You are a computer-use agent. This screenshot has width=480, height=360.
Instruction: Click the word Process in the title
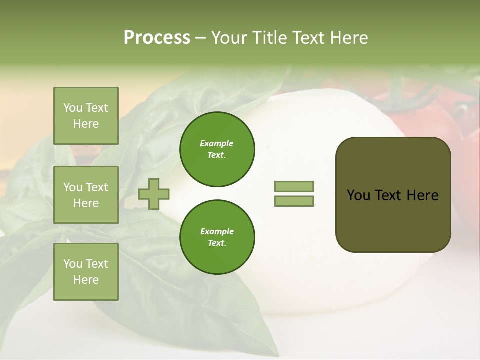[x=157, y=38]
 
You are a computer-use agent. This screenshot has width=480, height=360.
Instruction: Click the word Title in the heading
[x=270, y=38]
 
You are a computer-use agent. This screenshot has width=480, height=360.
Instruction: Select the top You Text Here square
[x=86, y=116]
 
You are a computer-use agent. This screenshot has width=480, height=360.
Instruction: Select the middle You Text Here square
[x=86, y=195]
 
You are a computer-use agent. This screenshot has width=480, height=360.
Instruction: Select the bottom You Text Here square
[x=86, y=272]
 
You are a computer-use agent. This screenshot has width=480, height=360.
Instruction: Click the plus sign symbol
[x=154, y=194]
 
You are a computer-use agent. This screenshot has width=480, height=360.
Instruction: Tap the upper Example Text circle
[x=217, y=149]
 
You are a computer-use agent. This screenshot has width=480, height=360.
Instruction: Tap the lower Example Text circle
[x=217, y=237]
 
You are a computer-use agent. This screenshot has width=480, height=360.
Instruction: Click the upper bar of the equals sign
[x=294, y=187]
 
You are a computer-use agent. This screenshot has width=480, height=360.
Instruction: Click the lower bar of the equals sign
[x=294, y=201]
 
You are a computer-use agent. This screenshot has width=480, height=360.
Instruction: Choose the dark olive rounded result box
[x=393, y=220]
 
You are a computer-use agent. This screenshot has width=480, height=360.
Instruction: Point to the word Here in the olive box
[x=422, y=195]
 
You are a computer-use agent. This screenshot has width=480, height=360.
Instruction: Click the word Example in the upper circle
[x=217, y=144]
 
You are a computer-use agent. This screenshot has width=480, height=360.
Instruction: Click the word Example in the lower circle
[x=217, y=232]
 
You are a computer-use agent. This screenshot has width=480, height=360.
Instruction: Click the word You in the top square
[x=73, y=108]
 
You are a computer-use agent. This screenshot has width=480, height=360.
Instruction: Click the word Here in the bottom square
[x=86, y=280]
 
